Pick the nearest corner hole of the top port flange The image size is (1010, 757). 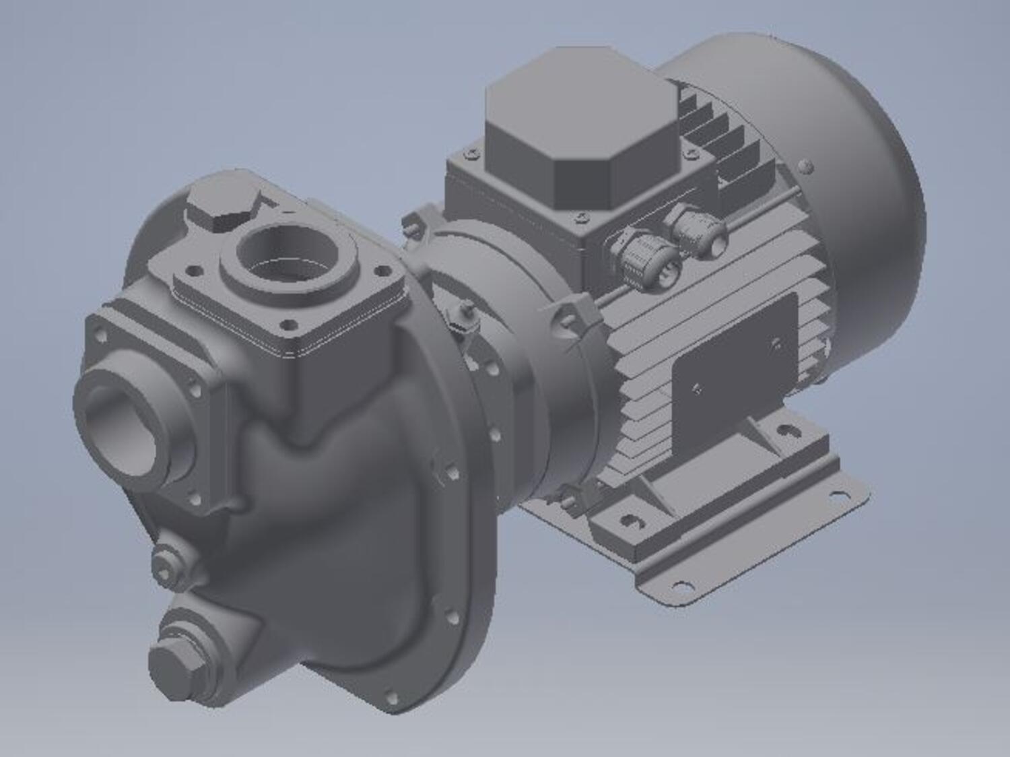[x=290, y=324]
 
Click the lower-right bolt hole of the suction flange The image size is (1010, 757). [x=195, y=499]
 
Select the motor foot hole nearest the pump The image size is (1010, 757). [x=629, y=520]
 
